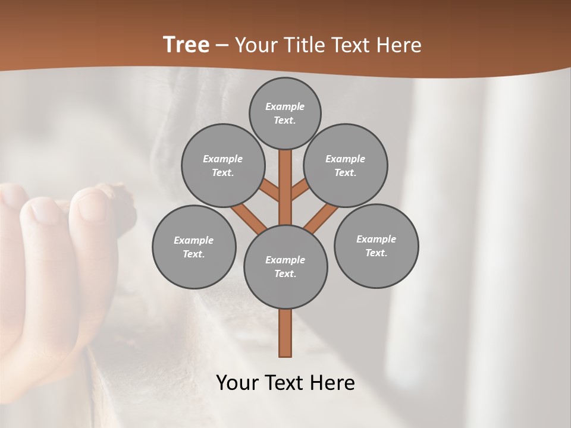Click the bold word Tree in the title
tap(186, 45)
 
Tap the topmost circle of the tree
tap(285, 113)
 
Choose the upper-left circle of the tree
tap(222, 165)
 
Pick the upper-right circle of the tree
tap(346, 165)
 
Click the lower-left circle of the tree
tap(194, 247)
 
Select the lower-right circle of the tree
tap(376, 246)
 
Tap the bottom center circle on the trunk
tap(285, 266)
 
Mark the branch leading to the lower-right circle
tap(322, 218)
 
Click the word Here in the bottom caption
tap(331, 383)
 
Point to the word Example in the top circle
tap(285, 106)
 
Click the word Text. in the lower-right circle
tap(376, 253)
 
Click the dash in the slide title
tap(222, 46)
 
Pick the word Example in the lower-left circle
tap(194, 240)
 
